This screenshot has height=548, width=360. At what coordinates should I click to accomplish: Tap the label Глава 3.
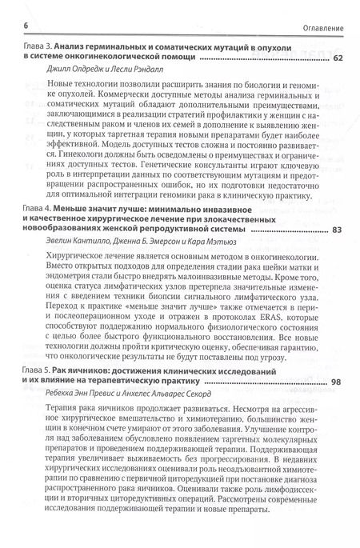[37, 48]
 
